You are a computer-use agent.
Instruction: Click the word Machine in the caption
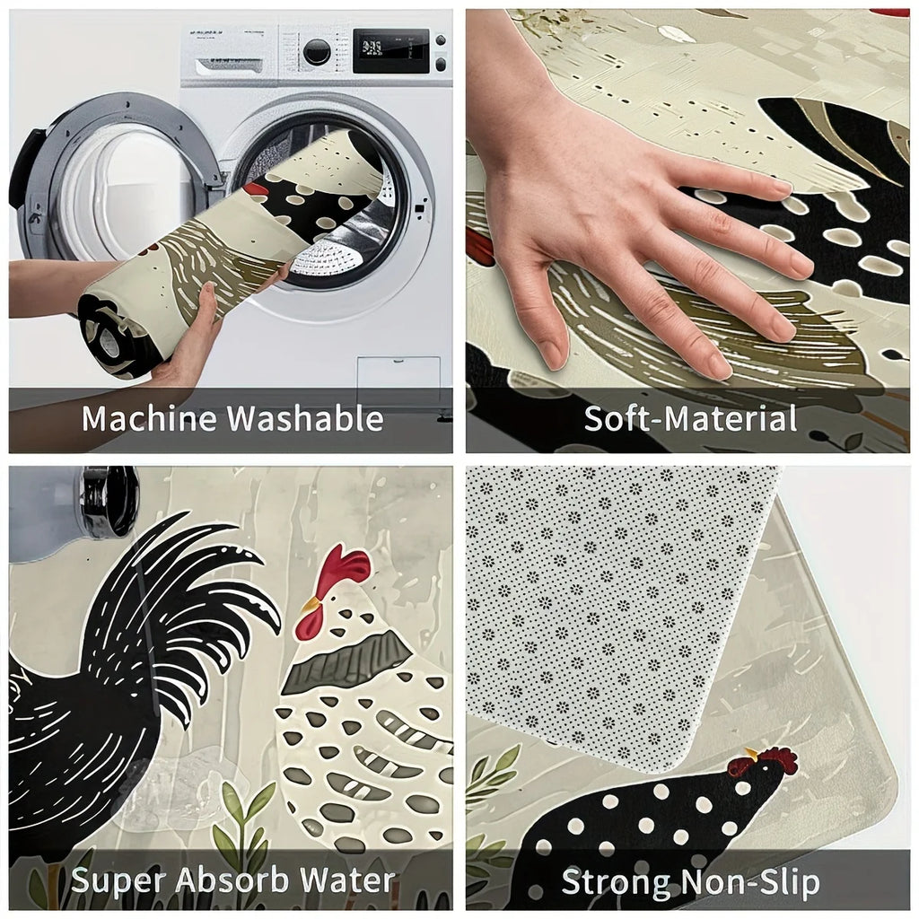pos(150,419)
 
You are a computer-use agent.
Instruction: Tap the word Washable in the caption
pos(305,419)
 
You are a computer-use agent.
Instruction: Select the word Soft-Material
pos(690,419)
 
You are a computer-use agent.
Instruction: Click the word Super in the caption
pos(118,881)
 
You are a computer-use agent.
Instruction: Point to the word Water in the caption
pos(347,880)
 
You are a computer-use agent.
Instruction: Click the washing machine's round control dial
pos(317,52)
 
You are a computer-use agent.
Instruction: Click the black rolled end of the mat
pos(114,337)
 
